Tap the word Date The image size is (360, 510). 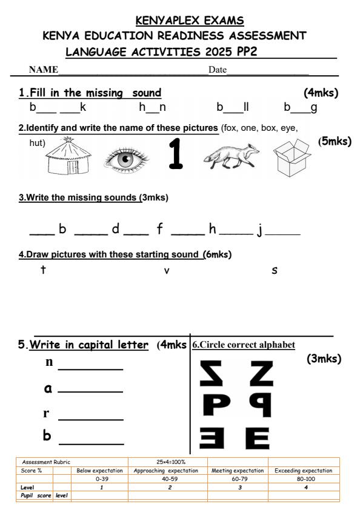point(217,70)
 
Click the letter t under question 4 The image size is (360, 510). point(43,270)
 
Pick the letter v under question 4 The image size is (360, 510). point(167,271)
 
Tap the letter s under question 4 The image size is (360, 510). point(275,270)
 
